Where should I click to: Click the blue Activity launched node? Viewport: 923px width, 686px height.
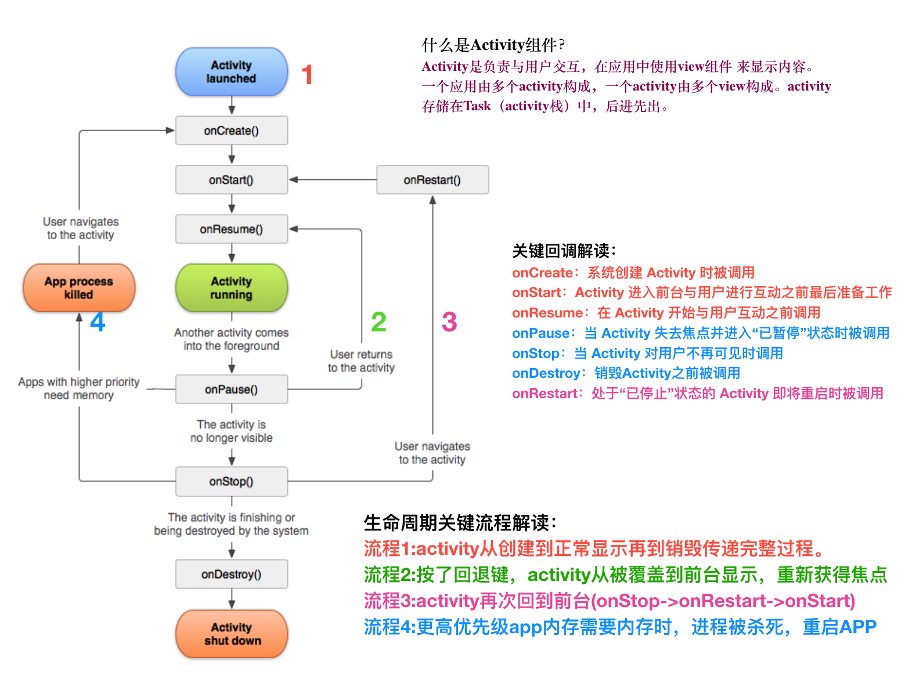click(x=232, y=71)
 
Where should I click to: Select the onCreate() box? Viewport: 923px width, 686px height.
click(x=232, y=130)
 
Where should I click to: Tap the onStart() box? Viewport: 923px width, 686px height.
click(x=232, y=180)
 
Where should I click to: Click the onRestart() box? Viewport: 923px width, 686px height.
click(x=432, y=180)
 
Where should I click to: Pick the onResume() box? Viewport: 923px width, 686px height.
click(x=232, y=229)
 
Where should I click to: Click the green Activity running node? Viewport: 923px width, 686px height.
click(x=232, y=287)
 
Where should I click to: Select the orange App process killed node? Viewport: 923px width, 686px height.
click(x=79, y=287)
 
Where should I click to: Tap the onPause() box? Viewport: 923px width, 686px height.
click(x=232, y=389)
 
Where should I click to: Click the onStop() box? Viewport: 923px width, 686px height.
click(x=232, y=481)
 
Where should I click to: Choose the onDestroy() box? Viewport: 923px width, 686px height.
click(x=232, y=574)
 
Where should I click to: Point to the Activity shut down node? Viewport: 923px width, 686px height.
click(x=232, y=634)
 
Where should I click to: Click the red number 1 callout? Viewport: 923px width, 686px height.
click(x=307, y=74)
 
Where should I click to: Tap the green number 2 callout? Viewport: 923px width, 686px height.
click(x=378, y=322)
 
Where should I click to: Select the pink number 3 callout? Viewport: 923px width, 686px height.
click(x=449, y=322)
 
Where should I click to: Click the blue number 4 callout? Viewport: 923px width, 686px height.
click(x=98, y=322)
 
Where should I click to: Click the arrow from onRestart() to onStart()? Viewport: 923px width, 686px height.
click(x=333, y=180)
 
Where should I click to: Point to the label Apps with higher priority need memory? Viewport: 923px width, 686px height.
click(x=78, y=388)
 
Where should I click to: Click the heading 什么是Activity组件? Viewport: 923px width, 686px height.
click(x=493, y=45)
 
